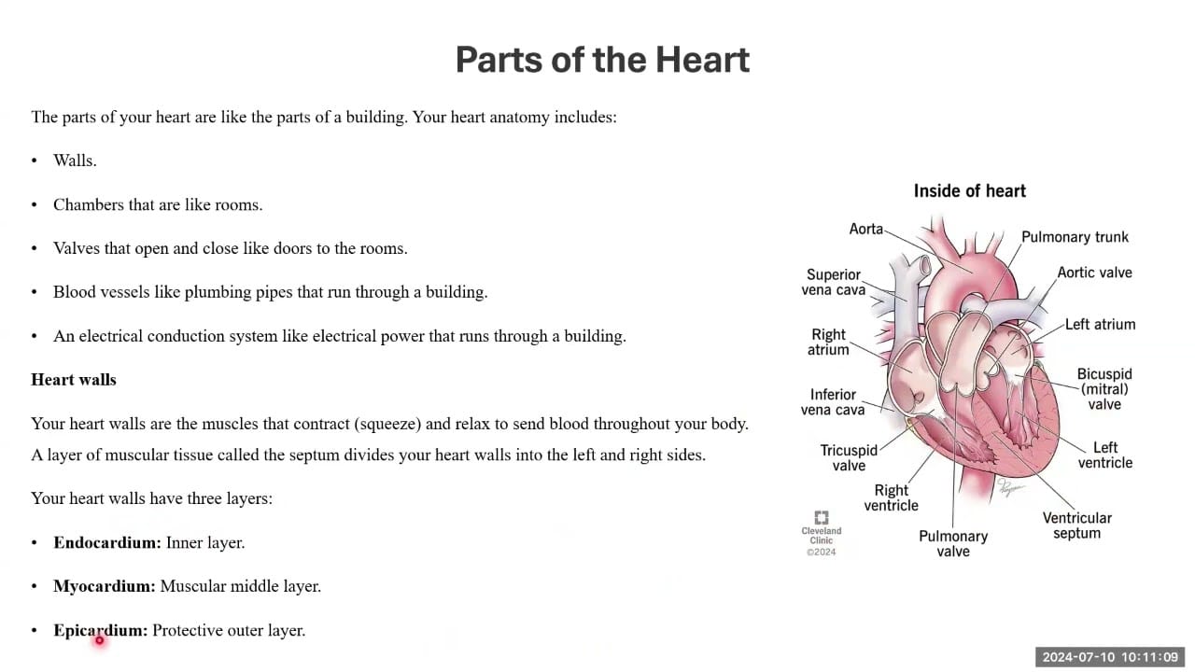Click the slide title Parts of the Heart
click(602, 59)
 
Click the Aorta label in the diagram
click(865, 229)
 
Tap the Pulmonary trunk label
click(1075, 237)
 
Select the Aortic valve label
click(1094, 273)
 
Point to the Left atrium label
click(1100, 324)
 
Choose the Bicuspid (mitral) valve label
click(1104, 389)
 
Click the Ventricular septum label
click(1076, 525)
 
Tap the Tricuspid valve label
click(849, 457)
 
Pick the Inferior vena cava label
click(832, 401)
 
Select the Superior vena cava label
click(834, 282)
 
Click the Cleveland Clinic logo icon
click(821, 517)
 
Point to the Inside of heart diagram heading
click(969, 191)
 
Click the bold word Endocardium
click(106, 542)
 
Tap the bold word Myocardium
click(104, 586)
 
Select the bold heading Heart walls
click(74, 379)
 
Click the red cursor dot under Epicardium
click(100, 640)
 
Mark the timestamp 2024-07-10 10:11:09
click(1110, 657)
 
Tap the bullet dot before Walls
click(35, 161)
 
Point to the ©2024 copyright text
click(821, 552)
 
